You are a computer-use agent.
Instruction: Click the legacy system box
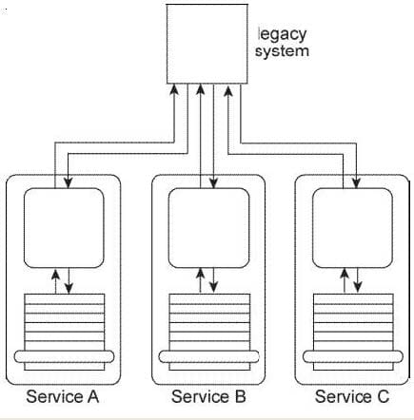pyautogui.click(x=207, y=44)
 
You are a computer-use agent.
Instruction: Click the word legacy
pyautogui.click(x=283, y=34)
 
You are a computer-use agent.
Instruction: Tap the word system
pyautogui.click(x=282, y=51)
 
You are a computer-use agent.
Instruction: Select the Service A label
pyautogui.click(x=63, y=396)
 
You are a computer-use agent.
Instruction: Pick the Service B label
pyautogui.click(x=208, y=396)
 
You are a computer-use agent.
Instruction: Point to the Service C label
pyautogui.click(x=352, y=396)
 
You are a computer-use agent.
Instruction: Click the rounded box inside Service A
pyautogui.click(x=64, y=228)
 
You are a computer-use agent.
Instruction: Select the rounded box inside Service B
pyautogui.click(x=208, y=228)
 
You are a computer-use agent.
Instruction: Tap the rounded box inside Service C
pyautogui.click(x=352, y=228)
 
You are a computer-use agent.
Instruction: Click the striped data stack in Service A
pyautogui.click(x=65, y=332)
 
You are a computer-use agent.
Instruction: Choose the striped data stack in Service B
pyautogui.click(x=209, y=332)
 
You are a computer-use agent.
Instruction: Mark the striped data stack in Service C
pyautogui.click(x=353, y=332)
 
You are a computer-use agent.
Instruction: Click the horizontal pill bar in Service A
pyautogui.click(x=64, y=356)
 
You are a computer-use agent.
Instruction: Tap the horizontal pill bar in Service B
pyautogui.click(x=208, y=356)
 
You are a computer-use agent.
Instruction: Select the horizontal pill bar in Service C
pyautogui.click(x=353, y=356)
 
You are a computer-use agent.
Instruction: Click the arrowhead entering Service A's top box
pyautogui.click(x=69, y=183)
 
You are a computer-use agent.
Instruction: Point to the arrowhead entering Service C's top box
pyautogui.click(x=357, y=183)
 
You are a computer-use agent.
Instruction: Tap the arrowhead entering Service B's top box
pyautogui.click(x=214, y=183)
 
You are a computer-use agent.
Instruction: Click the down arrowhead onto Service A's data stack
pyautogui.click(x=69, y=288)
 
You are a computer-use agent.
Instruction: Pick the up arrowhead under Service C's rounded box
pyautogui.click(x=345, y=274)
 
